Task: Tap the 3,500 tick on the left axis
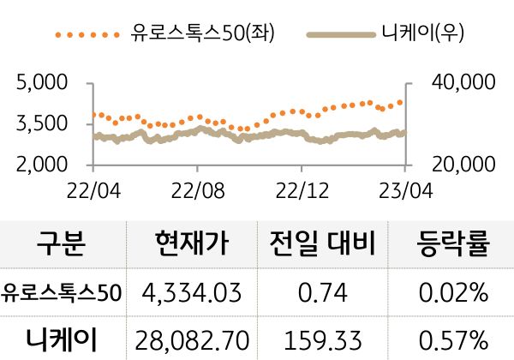(43, 123)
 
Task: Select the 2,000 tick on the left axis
(43, 164)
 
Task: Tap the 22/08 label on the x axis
(198, 188)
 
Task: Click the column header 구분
(62, 245)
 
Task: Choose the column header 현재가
(193, 245)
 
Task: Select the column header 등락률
(454, 245)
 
